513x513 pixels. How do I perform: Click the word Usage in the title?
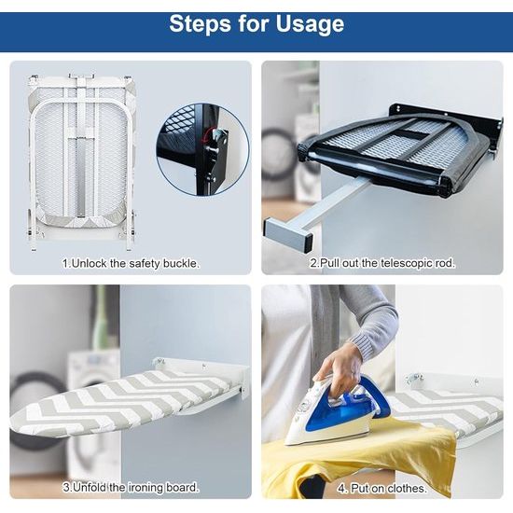(310, 24)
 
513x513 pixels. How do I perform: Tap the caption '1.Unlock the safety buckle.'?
(131, 263)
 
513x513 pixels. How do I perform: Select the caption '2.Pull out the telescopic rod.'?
(382, 263)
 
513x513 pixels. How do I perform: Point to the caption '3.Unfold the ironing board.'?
(131, 488)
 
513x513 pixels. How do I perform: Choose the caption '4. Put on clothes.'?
(382, 489)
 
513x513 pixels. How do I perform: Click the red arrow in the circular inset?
(209, 135)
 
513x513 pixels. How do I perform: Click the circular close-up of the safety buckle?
(202, 150)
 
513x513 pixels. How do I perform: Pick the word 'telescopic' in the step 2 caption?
(407, 263)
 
